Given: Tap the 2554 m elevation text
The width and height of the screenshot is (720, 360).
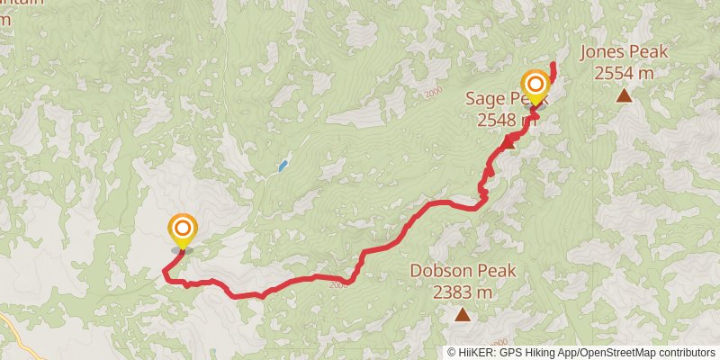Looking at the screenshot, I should [623, 72].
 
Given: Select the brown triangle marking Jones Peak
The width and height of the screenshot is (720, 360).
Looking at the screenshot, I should [623, 94].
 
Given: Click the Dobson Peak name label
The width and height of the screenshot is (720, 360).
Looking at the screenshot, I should [463, 271].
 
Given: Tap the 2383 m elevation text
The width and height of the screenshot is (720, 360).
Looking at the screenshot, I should [463, 292].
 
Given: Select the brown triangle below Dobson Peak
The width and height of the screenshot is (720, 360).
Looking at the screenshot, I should [463, 314].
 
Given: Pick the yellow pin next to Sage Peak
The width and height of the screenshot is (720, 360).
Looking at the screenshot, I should [535, 87].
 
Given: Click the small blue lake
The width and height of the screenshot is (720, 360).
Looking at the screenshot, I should [283, 166].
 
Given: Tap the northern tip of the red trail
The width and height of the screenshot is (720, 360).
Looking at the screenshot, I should [553, 65].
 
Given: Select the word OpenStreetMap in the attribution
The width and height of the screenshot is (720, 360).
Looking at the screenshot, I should [615, 352].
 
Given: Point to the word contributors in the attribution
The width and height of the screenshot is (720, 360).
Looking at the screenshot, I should [685, 352].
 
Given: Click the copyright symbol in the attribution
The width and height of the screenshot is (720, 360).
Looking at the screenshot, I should [453, 352].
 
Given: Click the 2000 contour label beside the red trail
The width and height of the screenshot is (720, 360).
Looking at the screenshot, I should [337, 286].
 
